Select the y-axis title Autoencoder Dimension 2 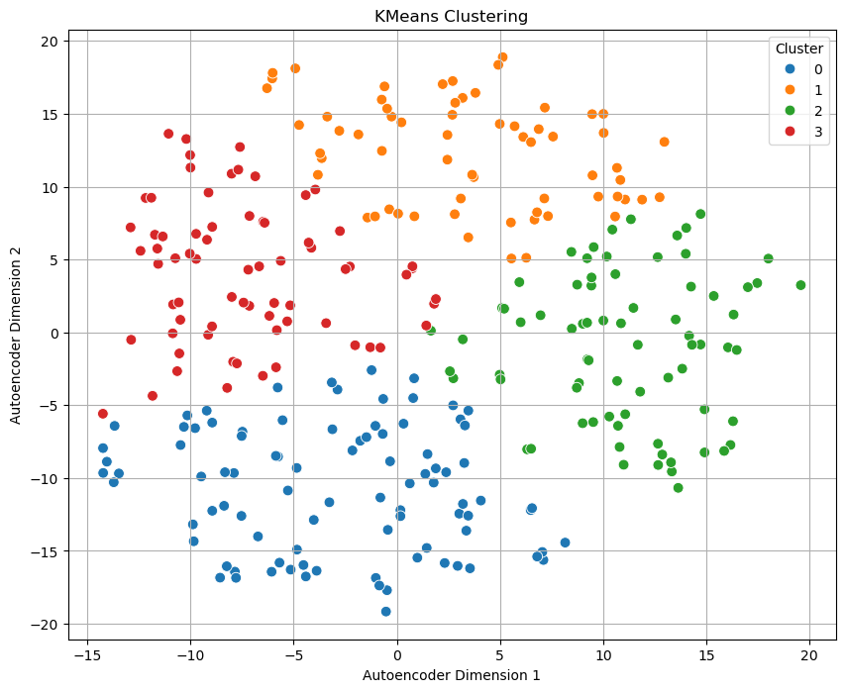[x=16, y=335]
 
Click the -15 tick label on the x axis [x=88, y=654]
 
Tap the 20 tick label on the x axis [x=809, y=654]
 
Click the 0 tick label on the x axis [x=397, y=654]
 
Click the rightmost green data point [x=800, y=285]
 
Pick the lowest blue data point [x=386, y=612]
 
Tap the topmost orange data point [x=502, y=57]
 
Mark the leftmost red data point [x=103, y=414]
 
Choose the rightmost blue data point [x=565, y=543]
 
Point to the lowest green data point [x=678, y=488]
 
